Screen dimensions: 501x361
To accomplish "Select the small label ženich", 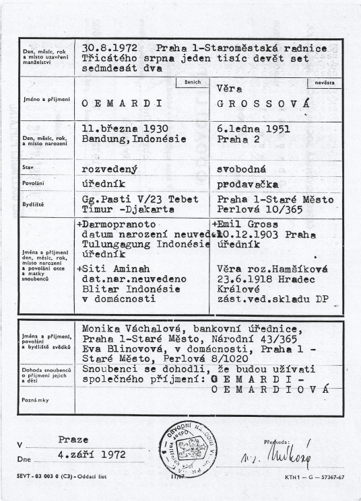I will tap(192, 83).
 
